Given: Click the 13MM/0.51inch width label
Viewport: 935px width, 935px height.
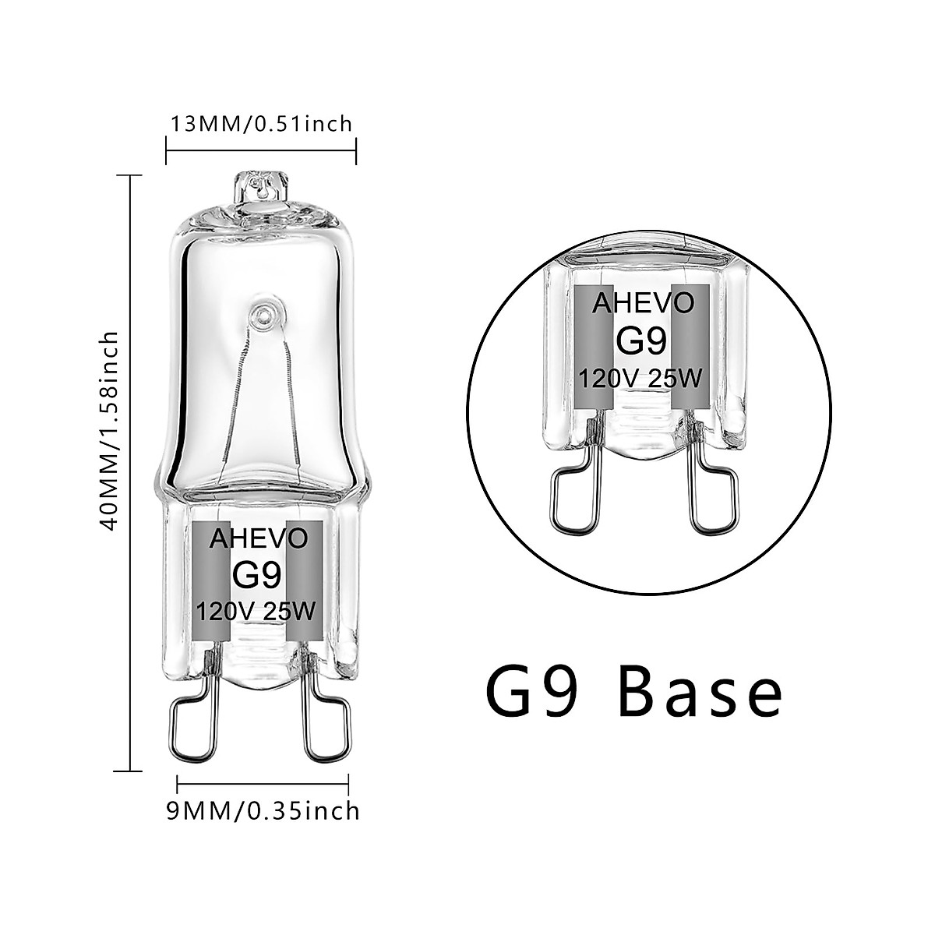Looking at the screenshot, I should pos(261,123).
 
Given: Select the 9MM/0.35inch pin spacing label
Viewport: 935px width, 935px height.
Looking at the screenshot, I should pos(263,810).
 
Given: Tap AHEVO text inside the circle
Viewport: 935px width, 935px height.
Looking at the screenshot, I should pos(643,304).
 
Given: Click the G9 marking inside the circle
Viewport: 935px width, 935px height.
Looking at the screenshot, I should pos(643,340).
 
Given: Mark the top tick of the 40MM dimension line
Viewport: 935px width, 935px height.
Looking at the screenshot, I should pos(129,177).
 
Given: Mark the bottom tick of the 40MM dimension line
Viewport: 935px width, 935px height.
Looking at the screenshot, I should pos(129,771).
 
